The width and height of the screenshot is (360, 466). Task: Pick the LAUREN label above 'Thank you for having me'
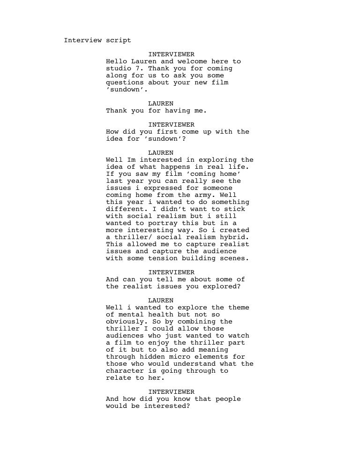tap(161, 104)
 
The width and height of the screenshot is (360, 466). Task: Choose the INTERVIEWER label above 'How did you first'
tap(171, 125)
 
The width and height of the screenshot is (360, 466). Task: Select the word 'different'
tap(123, 209)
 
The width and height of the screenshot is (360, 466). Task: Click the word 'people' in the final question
tap(228, 399)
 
